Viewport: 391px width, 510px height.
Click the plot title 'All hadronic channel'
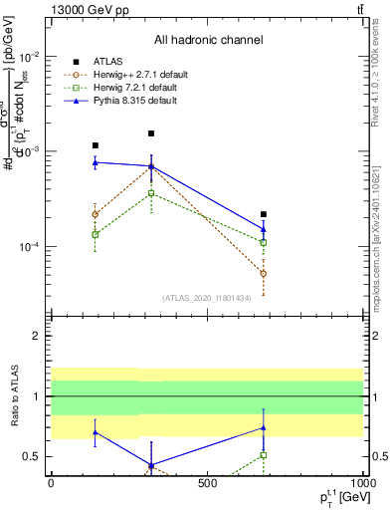coord(208,41)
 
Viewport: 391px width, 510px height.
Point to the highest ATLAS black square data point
coord(151,133)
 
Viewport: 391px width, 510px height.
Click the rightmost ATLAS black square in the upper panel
coord(264,214)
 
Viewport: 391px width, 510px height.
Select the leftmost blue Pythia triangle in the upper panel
coord(95,162)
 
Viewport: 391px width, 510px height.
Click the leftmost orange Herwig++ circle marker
coord(95,214)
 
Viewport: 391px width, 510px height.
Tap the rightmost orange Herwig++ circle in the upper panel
coord(264,273)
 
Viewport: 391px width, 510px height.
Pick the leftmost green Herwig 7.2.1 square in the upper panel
coord(95,234)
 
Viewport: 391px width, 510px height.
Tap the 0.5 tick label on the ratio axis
coord(33,456)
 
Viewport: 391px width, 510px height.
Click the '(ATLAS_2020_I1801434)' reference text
coord(207,298)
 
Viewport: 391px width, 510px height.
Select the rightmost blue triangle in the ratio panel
coord(264,427)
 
